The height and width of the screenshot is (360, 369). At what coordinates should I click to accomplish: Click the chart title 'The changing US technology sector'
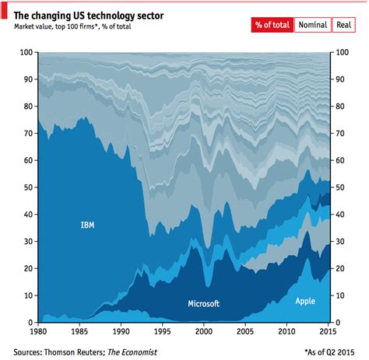click(x=90, y=11)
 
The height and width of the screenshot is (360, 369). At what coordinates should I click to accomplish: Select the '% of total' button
click(x=271, y=25)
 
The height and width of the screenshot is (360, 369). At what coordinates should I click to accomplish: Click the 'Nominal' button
click(x=311, y=25)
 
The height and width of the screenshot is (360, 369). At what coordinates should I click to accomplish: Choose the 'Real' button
click(x=344, y=25)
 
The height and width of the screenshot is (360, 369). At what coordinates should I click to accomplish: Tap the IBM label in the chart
click(x=88, y=225)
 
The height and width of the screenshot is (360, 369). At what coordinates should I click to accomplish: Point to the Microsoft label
click(x=204, y=303)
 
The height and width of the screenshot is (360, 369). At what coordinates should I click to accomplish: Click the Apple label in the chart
click(x=305, y=300)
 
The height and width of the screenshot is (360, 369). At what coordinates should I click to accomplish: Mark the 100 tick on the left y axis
click(x=25, y=52)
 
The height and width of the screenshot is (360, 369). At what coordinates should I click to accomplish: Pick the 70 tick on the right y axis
click(x=341, y=134)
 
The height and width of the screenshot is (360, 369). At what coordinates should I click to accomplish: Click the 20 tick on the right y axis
click(x=341, y=269)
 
